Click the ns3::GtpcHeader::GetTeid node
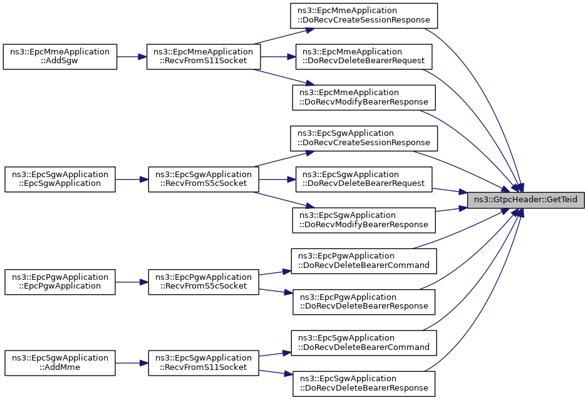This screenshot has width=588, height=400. point(525,200)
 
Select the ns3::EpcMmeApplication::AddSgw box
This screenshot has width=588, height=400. point(60,56)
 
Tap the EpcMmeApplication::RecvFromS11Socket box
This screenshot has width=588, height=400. point(204,56)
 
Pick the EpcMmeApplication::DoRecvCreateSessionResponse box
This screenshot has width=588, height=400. point(364,16)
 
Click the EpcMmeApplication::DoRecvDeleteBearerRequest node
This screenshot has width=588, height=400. point(364,56)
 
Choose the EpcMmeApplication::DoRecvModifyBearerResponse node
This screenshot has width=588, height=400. point(364,98)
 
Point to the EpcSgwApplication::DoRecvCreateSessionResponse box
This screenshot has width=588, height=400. point(364,138)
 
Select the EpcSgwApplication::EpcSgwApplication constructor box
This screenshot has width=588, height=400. point(60,180)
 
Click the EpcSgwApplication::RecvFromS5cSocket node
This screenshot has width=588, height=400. point(204,180)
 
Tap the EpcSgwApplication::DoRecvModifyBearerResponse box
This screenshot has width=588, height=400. point(364,220)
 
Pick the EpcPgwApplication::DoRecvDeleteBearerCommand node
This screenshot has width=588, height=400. point(364,261)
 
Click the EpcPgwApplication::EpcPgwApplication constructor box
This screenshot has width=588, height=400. point(60,282)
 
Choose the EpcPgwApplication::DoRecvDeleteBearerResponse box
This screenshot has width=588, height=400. point(364,302)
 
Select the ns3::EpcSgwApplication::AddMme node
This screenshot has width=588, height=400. point(60,363)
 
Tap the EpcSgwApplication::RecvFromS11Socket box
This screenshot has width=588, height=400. point(204,363)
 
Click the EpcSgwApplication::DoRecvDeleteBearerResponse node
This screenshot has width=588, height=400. point(364,384)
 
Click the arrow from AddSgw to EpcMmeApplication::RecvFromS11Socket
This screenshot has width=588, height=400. point(132,56)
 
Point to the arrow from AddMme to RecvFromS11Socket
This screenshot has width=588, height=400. point(132,363)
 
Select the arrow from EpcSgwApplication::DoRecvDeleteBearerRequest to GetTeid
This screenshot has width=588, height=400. point(449,190)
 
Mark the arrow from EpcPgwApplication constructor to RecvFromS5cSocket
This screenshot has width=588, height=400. point(132,282)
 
